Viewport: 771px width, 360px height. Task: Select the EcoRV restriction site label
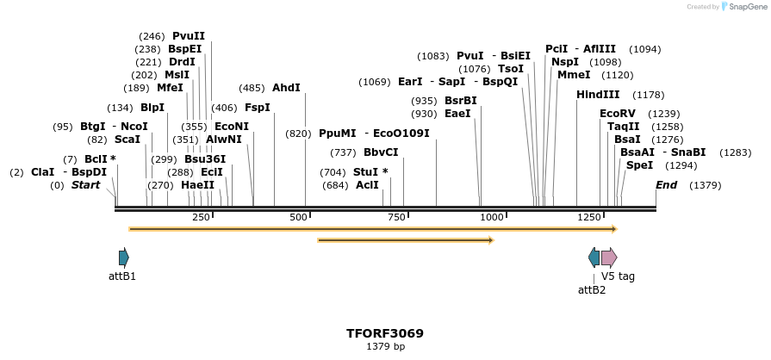(x=618, y=114)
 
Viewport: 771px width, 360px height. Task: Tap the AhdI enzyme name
(x=286, y=88)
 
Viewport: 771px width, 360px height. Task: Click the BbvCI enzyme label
(x=381, y=152)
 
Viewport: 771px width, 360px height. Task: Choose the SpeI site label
(x=639, y=165)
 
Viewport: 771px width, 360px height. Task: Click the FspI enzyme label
(x=258, y=108)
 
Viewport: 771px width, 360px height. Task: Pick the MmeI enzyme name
(x=574, y=75)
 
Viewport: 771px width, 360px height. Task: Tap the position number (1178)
(x=649, y=95)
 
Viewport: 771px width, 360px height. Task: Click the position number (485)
(x=252, y=88)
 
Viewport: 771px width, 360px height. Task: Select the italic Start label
(x=86, y=185)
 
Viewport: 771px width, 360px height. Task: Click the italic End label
(x=666, y=185)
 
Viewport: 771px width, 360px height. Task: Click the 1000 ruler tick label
(x=492, y=218)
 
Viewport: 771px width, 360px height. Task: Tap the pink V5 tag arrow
(x=609, y=257)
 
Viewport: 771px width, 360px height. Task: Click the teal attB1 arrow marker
(x=124, y=257)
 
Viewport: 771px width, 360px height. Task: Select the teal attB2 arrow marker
(x=594, y=257)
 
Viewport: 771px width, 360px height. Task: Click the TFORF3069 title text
(x=385, y=333)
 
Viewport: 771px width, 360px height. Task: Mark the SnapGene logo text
(x=746, y=7)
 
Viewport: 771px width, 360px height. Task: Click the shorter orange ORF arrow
(x=405, y=240)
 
